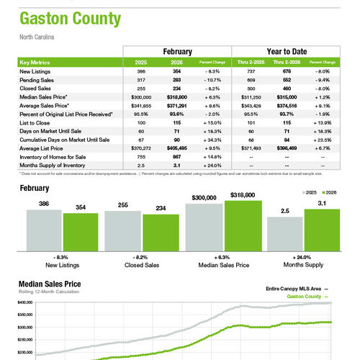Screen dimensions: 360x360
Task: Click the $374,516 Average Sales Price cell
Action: (275, 104)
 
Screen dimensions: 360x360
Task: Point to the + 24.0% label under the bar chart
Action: (303, 256)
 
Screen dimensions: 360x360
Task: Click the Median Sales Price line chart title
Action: (50, 284)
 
